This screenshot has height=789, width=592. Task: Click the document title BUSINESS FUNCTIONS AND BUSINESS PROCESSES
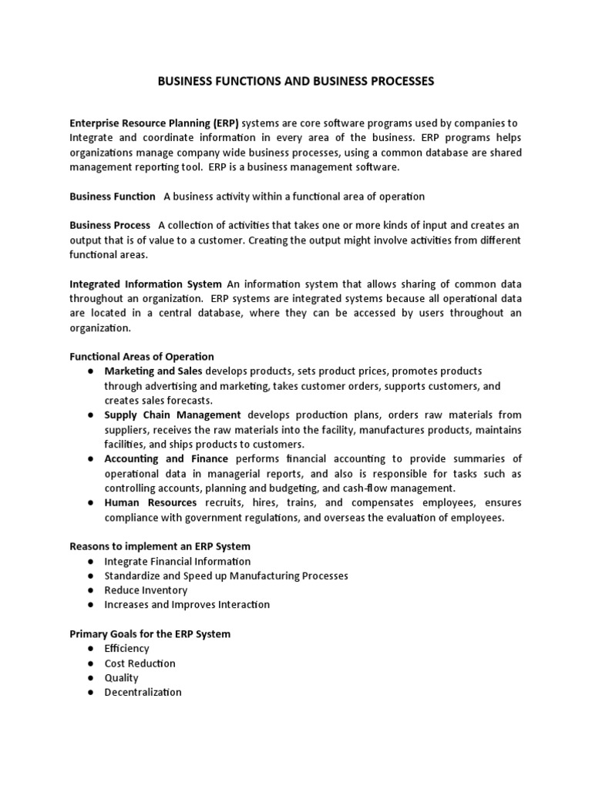tap(296, 80)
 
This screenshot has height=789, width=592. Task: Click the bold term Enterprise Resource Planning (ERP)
tap(155, 123)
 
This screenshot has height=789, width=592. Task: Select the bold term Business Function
tap(113, 196)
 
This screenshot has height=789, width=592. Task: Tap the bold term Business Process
tap(110, 225)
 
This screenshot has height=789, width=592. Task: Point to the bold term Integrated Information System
tap(146, 284)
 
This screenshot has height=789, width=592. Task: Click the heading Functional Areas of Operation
tap(142, 357)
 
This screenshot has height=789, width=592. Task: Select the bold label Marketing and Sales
tap(153, 371)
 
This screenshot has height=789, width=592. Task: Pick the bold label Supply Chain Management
tap(173, 415)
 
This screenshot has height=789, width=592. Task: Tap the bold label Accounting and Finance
tap(165, 459)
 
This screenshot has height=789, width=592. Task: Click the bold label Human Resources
tap(150, 503)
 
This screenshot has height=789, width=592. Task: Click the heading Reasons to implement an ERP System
tap(160, 546)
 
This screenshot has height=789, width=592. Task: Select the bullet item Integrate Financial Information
tap(177, 562)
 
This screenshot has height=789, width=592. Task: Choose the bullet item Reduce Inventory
tap(146, 590)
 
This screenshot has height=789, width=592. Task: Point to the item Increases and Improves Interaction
tap(187, 605)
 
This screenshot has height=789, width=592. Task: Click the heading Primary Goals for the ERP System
tap(150, 634)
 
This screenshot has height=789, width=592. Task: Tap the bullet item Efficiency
tap(127, 649)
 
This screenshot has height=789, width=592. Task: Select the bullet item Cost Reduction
tap(140, 663)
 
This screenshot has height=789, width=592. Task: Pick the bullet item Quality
tap(122, 678)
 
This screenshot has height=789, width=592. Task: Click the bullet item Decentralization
tap(143, 693)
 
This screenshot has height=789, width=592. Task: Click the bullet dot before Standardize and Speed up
tap(91, 576)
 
